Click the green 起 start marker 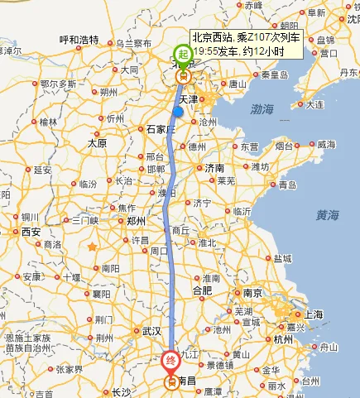pos(184,55)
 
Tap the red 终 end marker pos(170,362)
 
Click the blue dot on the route pos(178,112)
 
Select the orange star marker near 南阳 pos(94,247)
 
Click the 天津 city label pos(189,99)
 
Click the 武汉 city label pos(151,330)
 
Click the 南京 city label pos(253,292)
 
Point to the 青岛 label pos(287,185)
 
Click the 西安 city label pos(31,231)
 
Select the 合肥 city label pos(202,290)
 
